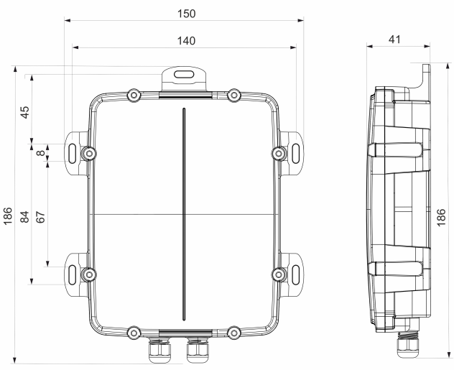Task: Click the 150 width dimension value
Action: pos(185,14)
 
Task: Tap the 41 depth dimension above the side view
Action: pos(394,39)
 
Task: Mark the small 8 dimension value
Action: pos(41,152)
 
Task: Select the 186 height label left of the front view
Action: pos(9,215)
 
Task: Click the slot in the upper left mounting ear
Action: pos(74,152)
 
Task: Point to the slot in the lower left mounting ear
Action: pos(74,274)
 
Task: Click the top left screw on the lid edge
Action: pos(134,95)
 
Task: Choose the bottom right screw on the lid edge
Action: pos(233,331)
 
